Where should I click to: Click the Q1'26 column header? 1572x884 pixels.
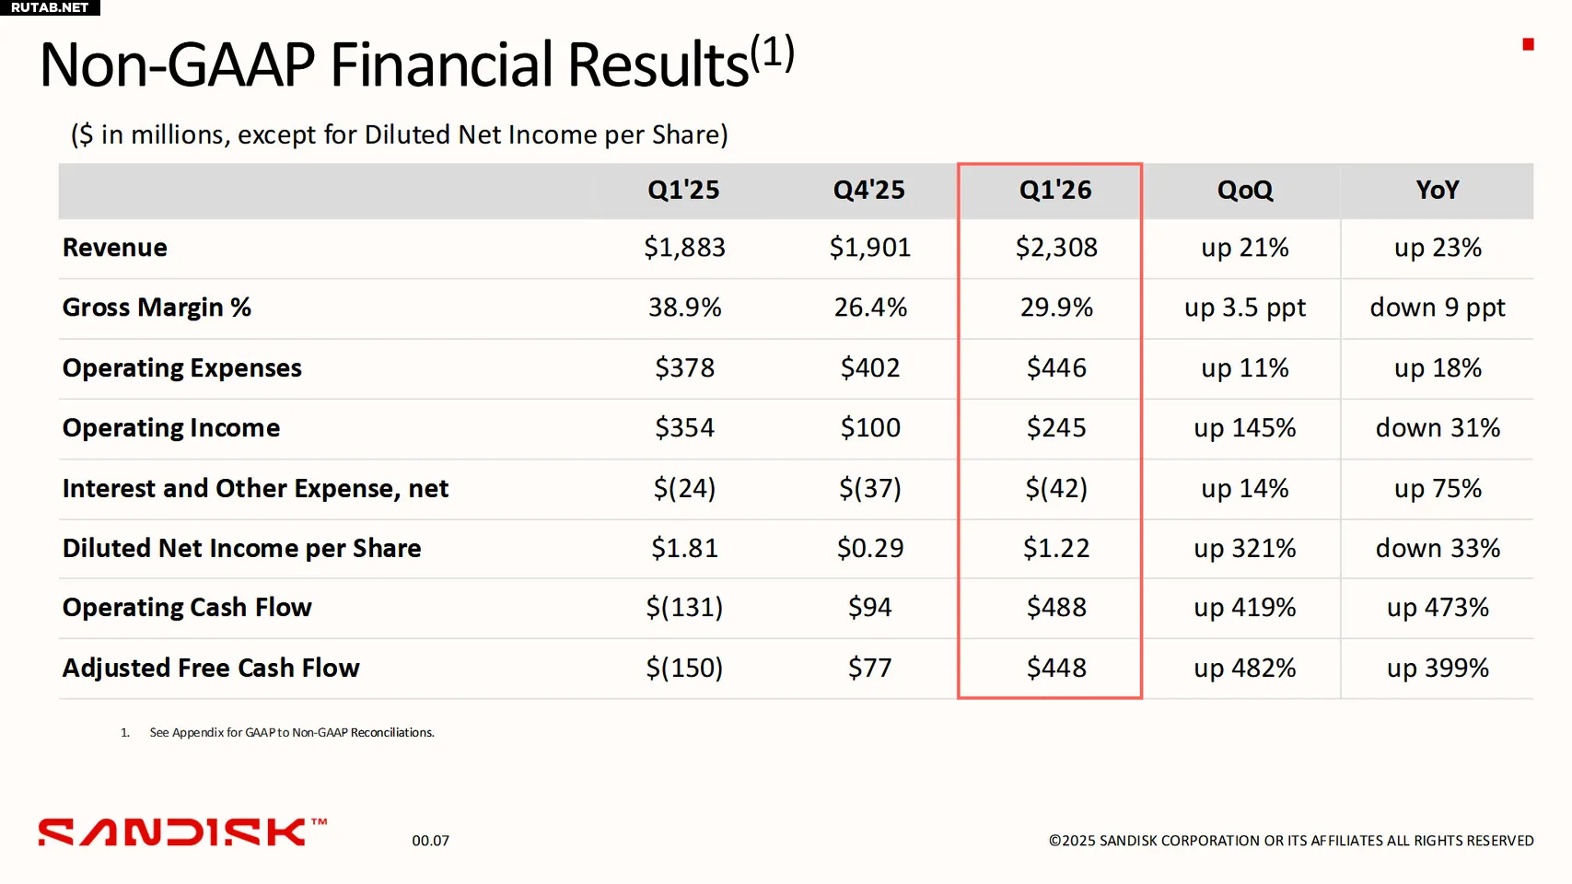click(x=1054, y=190)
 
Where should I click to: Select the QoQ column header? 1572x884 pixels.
click(x=1244, y=190)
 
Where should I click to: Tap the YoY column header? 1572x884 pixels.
click(x=1437, y=190)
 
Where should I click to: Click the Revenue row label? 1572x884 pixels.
click(x=115, y=248)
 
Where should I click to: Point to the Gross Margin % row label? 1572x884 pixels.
click(x=157, y=308)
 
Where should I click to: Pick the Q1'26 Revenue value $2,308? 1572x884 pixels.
click(x=1056, y=248)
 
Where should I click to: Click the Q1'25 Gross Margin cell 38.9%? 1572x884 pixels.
click(x=684, y=308)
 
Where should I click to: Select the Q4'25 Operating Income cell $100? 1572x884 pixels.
click(x=870, y=428)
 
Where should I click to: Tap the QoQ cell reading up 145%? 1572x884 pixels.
click(x=1244, y=428)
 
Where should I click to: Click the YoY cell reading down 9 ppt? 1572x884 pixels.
click(x=1437, y=308)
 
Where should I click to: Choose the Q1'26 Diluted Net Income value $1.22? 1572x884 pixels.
click(x=1056, y=549)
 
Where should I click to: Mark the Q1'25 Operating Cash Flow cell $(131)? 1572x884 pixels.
click(x=684, y=608)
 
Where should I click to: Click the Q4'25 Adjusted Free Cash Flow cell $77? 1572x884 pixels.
click(x=870, y=668)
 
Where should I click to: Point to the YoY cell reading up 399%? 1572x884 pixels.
click(x=1437, y=668)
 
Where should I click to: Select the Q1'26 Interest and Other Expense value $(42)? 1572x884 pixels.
click(x=1056, y=488)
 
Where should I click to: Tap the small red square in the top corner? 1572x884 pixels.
click(x=1528, y=44)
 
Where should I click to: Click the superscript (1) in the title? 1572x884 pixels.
click(x=772, y=53)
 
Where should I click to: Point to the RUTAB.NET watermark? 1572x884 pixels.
click(x=50, y=7)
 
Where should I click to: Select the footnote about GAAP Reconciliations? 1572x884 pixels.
click(x=291, y=733)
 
